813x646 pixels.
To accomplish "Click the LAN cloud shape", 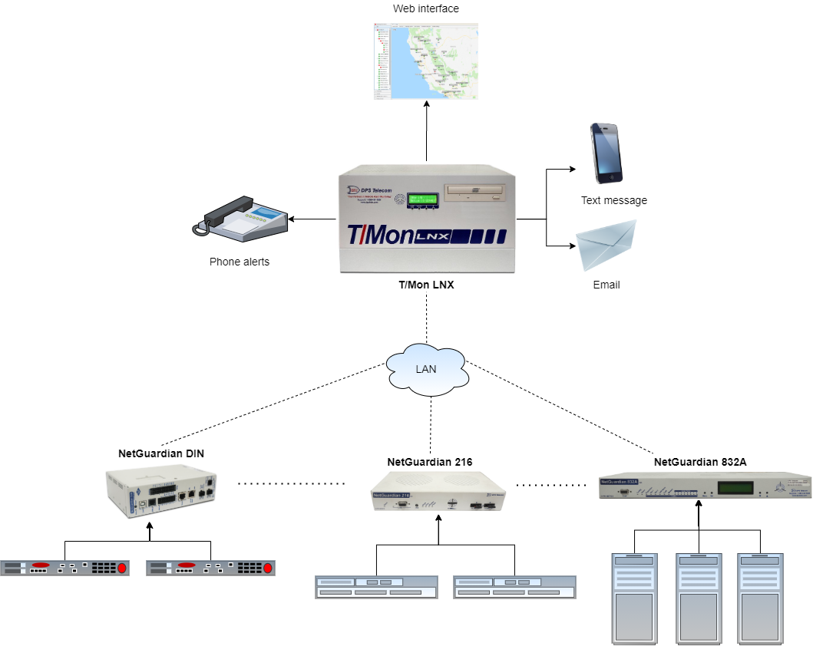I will coord(427,369).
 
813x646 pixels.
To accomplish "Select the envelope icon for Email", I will coord(606,246).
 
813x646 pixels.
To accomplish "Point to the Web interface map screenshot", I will coord(426,61).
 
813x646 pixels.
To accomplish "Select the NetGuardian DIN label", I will coord(161,453).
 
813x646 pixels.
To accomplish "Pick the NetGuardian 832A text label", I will coord(700,461).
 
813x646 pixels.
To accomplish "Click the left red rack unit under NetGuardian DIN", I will coord(64,568).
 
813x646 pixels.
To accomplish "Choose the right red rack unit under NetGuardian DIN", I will coord(210,568).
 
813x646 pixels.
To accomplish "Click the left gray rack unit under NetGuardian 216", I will coord(376,587).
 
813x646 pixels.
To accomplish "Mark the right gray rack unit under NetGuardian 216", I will coord(514,587).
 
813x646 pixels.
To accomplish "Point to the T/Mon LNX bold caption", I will coord(426,285).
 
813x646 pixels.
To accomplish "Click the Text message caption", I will coord(614,200).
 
